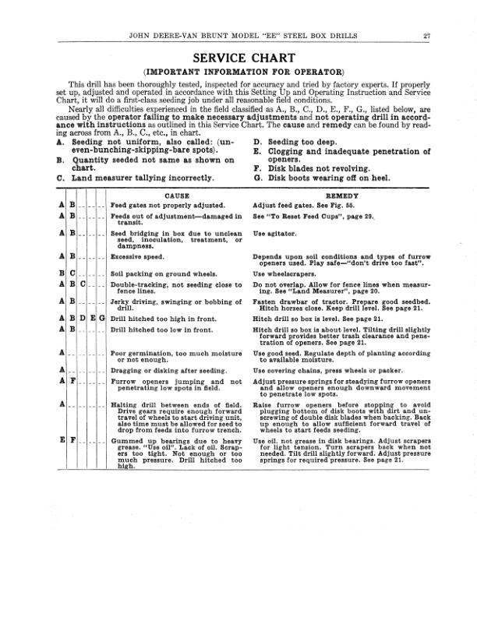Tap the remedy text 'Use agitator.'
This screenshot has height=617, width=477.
pyautogui.click(x=276, y=233)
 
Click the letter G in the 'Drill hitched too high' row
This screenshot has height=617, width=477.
pyautogui.click(x=102, y=318)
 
